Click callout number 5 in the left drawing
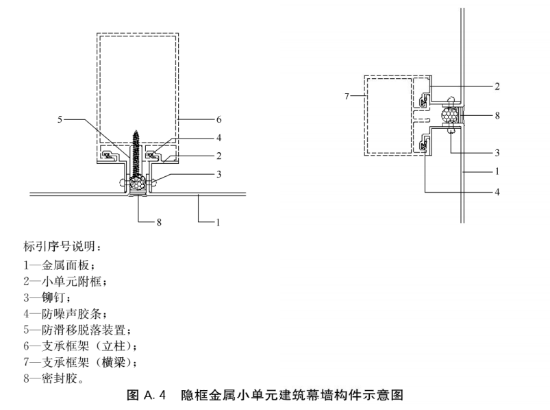tap(60, 120)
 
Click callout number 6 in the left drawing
tap(219, 120)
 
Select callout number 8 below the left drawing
tap(159, 222)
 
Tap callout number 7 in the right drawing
tap(347, 96)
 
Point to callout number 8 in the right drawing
tap(497, 115)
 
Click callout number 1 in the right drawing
tap(497, 171)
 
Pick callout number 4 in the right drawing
tap(497, 192)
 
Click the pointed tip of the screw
tap(136, 130)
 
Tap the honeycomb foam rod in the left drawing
tap(137, 183)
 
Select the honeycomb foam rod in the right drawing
tap(450, 114)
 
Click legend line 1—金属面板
tap(59, 265)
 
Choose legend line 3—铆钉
tap(47, 298)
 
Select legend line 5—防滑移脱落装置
tap(77, 330)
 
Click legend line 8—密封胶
tap(53, 378)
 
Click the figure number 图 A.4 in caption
tap(146, 395)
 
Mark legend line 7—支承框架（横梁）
tap(80, 362)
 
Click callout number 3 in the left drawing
tap(219, 174)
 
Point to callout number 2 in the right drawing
tap(497, 86)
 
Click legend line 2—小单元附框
tap(65, 282)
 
